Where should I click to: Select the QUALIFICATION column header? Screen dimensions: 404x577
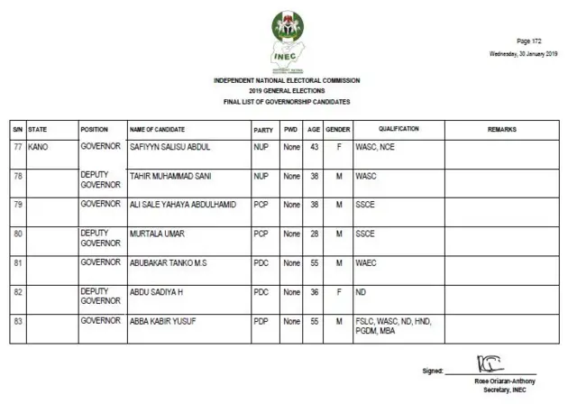coord(398,130)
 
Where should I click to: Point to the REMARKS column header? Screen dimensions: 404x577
coord(502,130)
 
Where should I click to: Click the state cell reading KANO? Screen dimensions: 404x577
coord(38,145)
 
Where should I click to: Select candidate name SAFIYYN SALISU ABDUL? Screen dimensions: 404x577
coord(170,145)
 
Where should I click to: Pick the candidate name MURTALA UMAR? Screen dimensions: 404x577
coord(156,234)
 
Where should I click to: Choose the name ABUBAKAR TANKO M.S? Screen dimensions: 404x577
coord(170,263)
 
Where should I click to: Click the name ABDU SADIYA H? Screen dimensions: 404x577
coord(156,292)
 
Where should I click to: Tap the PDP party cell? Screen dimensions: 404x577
coord(261,321)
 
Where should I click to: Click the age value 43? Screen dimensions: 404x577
coord(314,145)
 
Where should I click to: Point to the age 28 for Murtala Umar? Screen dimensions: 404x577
coord(314,234)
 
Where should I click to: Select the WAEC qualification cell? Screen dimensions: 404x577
coord(366,263)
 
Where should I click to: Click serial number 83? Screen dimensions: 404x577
coord(16,321)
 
